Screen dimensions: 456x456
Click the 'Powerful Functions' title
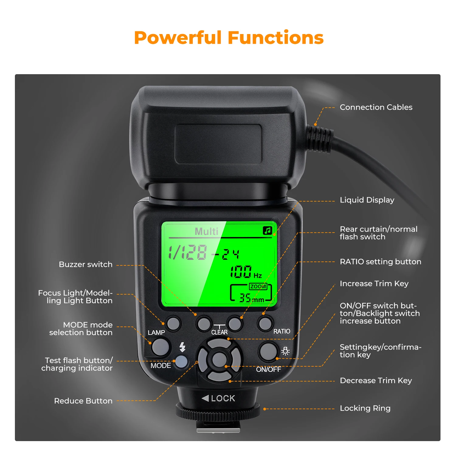click(x=229, y=38)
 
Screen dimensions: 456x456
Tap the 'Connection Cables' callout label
click(x=376, y=107)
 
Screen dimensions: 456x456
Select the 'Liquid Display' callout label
click(x=367, y=200)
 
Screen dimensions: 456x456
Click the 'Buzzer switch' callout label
click(x=85, y=264)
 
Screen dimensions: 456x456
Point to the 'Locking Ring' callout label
click(x=365, y=408)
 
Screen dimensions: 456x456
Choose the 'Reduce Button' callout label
click(x=83, y=401)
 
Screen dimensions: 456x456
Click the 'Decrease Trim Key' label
click(x=376, y=381)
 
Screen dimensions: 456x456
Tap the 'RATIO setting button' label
click(x=380, y=262)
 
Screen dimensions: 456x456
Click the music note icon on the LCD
click(x=268, y=231)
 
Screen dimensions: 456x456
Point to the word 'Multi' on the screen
click(x=206, y=231)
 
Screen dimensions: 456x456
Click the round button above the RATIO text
click(x=265, y=323)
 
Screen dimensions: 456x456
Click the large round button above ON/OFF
click(x=268, y=351)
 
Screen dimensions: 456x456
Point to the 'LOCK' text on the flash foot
click(x=223, y=398)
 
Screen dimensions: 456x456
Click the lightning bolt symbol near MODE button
click(x=182, y=347)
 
